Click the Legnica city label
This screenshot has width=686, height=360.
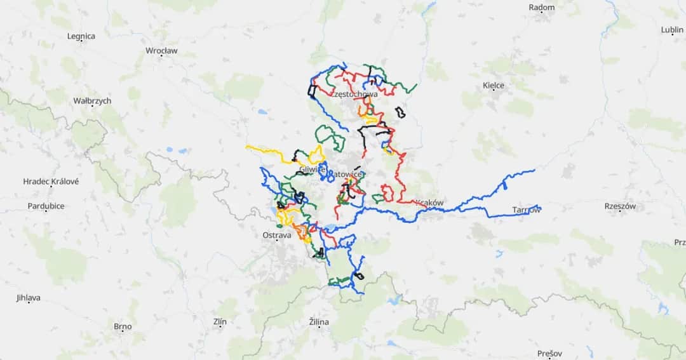coord(81,36)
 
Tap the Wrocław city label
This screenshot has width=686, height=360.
coord(161,50)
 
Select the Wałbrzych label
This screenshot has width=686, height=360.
coord(92,101)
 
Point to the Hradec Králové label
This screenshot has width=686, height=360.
coord(51,182)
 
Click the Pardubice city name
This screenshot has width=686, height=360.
coord(46,206)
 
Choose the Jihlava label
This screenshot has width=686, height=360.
coord(28,297)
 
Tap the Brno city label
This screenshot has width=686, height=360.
coord(123,327)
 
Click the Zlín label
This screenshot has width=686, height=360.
coord(220,322)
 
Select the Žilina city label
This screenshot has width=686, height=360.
coord(319,322)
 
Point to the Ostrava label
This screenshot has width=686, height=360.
coord(276,235)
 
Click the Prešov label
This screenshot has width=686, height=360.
coord(549,354)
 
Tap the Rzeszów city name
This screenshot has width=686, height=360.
coord(621,206)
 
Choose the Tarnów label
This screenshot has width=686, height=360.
coord(527,210)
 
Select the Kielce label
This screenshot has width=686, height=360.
coord(494,85)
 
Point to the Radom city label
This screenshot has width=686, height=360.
coord(542,8)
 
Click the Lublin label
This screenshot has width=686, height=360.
coord(672,29)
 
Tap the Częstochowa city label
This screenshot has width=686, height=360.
coord(354,95)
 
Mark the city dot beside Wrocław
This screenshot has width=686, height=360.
coord(161,57)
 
